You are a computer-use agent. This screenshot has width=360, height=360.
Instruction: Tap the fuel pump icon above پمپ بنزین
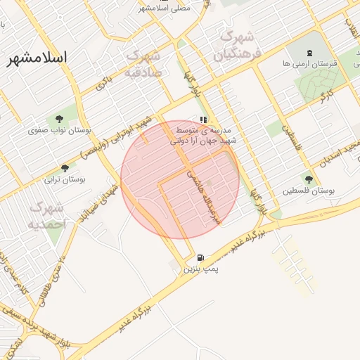[x=202, y=258]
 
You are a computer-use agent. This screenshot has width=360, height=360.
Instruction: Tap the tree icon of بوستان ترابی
[x=65, y=168]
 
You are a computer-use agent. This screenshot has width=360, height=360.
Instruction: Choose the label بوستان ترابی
[x=65, y=179]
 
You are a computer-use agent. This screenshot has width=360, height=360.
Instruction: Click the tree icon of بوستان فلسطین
[x=308, y=179]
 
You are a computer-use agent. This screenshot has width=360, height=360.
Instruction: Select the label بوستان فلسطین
[x=308, y=191]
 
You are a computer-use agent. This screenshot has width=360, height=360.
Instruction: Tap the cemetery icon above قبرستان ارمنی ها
[x=309, y=53]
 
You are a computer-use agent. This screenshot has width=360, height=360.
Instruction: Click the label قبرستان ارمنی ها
[x=309, y=64]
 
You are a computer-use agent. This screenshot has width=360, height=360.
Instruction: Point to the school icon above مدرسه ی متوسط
[x=203, y=120]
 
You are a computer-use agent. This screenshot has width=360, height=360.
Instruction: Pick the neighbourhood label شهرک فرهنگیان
[x=238, y=44]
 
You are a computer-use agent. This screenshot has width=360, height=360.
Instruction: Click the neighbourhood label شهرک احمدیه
[x=47, y=215]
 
